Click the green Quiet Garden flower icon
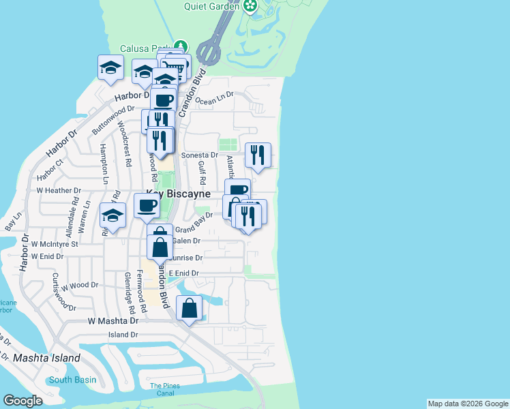tap(251, 7)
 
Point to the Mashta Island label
tap(46, 358)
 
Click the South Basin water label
tap(72, 380)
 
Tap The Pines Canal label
tap(167, 390)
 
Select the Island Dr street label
tap(123, 335)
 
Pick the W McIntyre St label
tap(55, 243)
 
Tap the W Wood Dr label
tap(80, 285)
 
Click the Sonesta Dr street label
tap(200, 155)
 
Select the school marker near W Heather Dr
tap(113, 216)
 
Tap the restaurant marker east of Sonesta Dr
tap(258, 155)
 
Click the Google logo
tap(23, 401)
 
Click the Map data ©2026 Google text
tap(468, 404)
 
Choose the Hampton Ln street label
tap(104, 164)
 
